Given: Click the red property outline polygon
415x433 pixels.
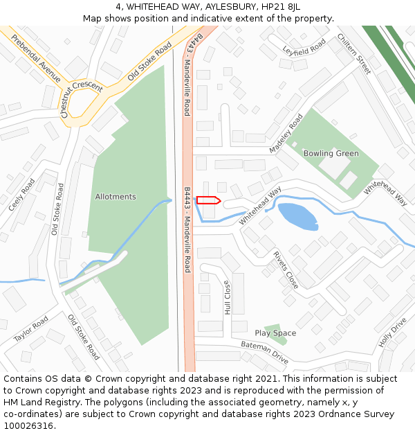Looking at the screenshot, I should tap(208, 200).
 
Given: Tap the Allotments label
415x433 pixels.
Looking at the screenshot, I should tap(116, 197).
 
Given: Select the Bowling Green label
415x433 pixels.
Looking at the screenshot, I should tap(331, 153).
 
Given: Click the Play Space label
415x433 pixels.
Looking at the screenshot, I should tap(275, 333).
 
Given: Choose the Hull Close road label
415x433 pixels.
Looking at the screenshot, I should tap(227, 297).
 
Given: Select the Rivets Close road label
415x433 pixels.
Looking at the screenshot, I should tap(286, 269).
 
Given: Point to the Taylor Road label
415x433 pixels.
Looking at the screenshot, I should tap(32, 329).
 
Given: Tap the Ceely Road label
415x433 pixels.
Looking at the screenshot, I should tap(21, 195).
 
